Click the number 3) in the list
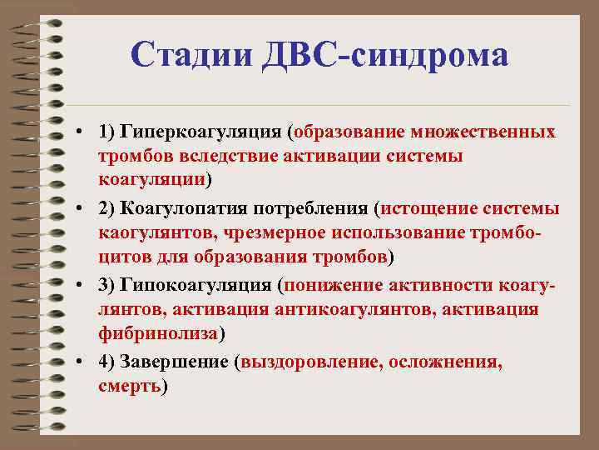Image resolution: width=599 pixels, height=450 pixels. pyautogui.click(x=107, y=284)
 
